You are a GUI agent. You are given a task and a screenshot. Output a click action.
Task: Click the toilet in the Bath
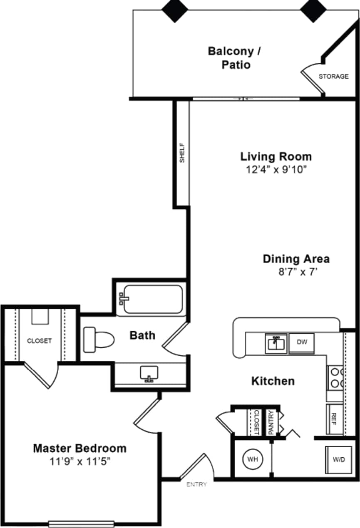[x=98, y=339]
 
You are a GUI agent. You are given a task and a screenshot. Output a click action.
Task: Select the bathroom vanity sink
[x=149, y=373]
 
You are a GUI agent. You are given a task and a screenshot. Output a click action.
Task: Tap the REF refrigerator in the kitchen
[x=334, y=416]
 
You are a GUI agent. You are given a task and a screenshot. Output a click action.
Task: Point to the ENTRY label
[x=196, y=484]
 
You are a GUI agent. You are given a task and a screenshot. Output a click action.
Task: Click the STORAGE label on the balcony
[x=333, y=77]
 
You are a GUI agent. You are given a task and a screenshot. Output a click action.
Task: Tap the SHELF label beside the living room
[x=182, y=153]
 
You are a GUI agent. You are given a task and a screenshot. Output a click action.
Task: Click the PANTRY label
[x=271, y=422]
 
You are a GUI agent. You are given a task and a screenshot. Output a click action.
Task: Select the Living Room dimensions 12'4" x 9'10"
[x=276, y=169]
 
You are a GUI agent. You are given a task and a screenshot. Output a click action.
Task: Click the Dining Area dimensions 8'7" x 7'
[x=296, y=271]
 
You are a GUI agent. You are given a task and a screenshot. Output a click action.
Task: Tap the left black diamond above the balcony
[x=174, y=10]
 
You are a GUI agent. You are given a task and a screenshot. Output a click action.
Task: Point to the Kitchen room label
[x=273, y=381]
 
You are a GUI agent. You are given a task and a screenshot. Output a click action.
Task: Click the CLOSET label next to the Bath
[x=40, y=341]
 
